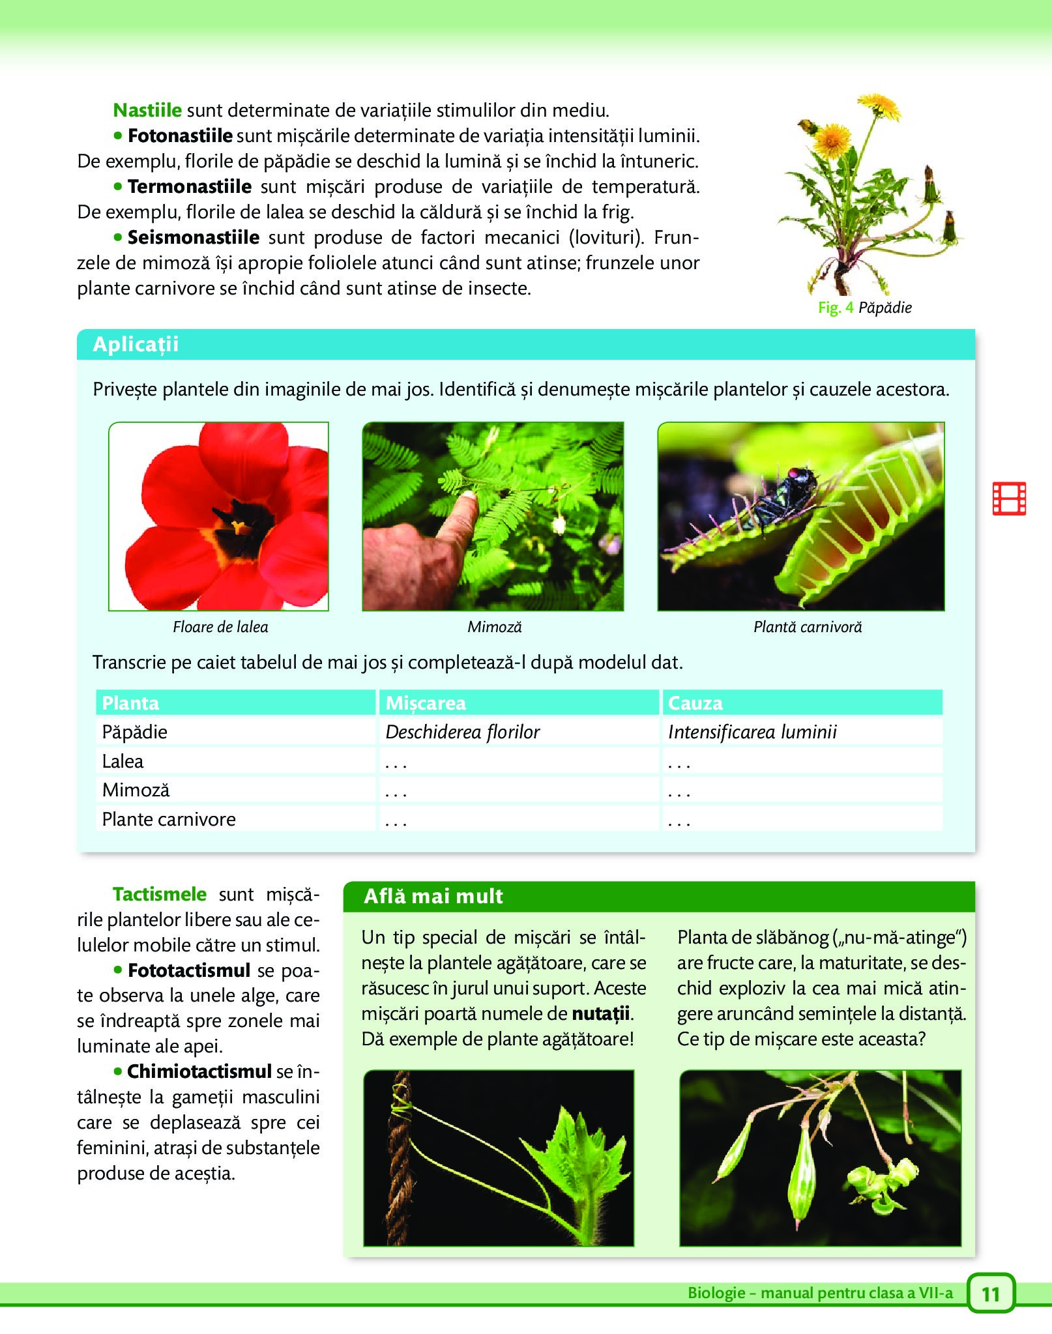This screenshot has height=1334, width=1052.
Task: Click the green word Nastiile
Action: point(147,110)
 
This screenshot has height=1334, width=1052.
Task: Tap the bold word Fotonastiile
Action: point(180,136)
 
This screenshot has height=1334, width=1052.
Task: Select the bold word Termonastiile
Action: point(189,186)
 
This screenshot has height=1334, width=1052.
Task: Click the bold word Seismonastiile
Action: point(193,237)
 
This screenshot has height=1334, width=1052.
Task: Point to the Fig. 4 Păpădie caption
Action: point(864,308)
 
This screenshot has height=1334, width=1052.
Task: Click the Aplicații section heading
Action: point(136,344)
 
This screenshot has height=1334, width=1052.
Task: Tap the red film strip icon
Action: point(1009,499)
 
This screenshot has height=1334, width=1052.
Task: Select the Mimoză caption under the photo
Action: point(494,627)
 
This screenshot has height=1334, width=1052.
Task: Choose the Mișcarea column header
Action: point(426,703)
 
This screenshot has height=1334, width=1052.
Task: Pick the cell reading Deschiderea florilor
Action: point(462,732)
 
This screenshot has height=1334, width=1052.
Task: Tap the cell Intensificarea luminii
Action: point(752,732)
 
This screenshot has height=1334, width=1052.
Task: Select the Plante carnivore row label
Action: point(169,819)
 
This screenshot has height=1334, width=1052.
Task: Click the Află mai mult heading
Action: point(433,896)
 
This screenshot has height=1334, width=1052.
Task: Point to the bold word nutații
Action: point(600,1014)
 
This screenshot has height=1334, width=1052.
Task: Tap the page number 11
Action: point(991,1294)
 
